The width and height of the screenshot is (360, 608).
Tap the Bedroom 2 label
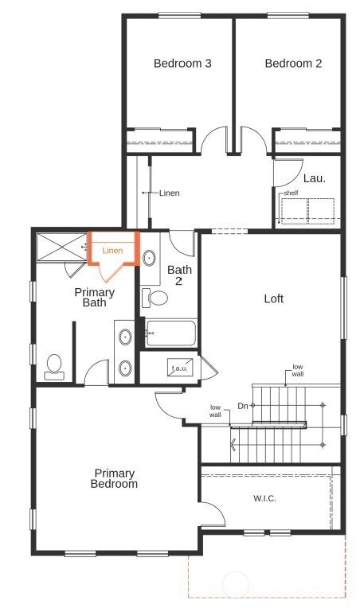pos(293,64)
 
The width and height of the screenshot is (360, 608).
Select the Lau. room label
pos(314,179)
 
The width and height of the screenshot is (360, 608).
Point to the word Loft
pos(274,299)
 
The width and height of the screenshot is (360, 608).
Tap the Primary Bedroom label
pos(114,478)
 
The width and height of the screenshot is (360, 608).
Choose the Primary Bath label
pos(95,298)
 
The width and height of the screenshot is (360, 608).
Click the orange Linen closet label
pos(112,251)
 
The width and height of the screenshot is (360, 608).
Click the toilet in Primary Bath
pos(55,366)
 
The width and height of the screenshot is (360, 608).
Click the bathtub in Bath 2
pos(170,333)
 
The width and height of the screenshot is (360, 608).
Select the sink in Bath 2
pos(149,258)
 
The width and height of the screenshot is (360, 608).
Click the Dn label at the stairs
pos(242,406)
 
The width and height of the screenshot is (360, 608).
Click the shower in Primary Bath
pos(60,246)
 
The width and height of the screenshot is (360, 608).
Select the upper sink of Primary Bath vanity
pos(125,338)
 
